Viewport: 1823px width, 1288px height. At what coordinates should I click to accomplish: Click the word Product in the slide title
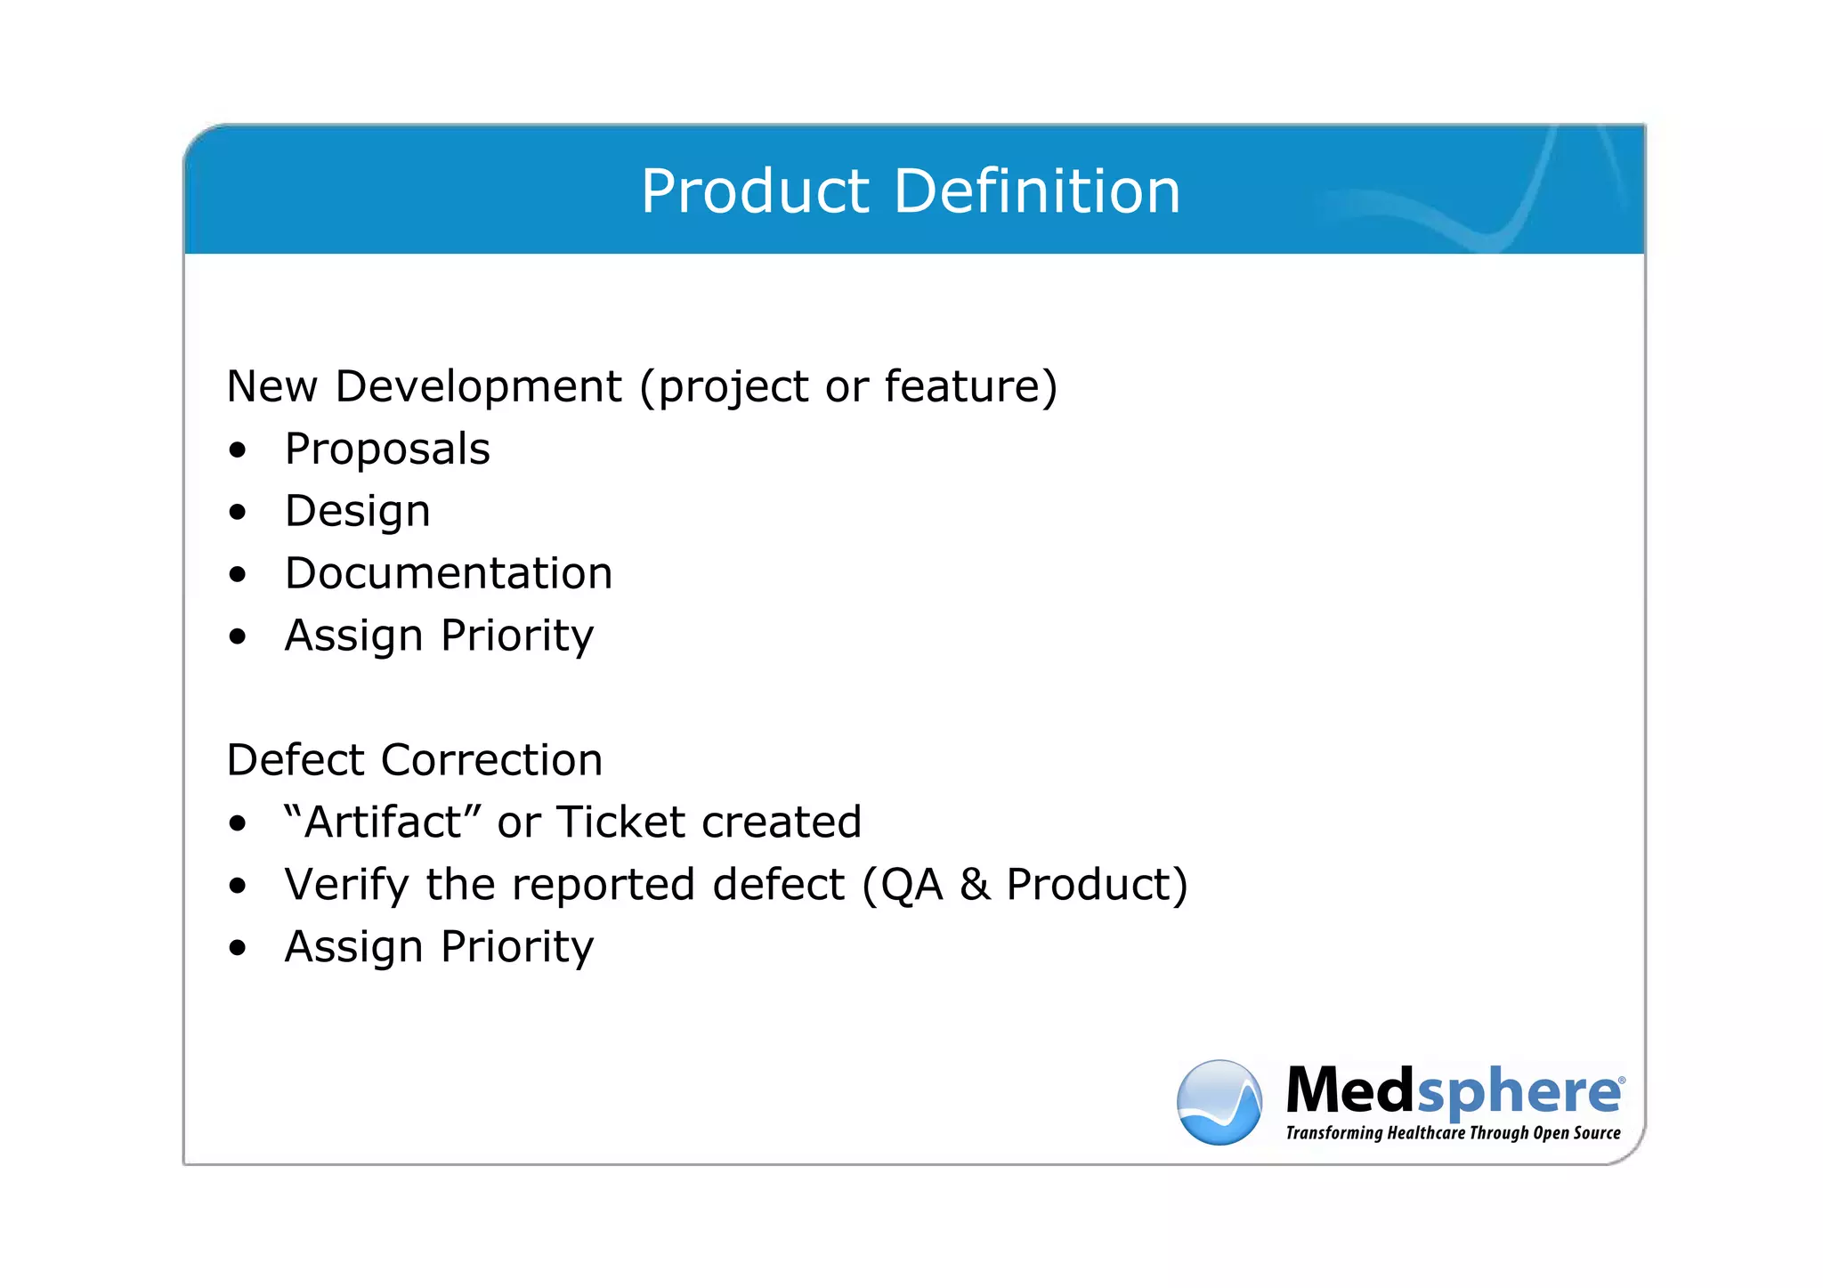point(754,192)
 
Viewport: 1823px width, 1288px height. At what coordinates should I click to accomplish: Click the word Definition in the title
point(1037,192)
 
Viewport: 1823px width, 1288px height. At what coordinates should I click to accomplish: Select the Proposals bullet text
point(387,449)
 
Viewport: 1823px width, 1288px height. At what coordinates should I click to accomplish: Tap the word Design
point(357,512)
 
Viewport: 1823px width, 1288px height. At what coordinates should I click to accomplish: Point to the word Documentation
point(449,573)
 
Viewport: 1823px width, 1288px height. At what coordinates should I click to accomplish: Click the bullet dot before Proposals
point(237,450)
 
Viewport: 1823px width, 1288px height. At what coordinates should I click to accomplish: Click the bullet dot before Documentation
point(237,575)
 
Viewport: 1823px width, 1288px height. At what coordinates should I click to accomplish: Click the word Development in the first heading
point(478,386)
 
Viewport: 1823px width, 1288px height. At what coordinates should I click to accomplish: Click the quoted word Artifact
point(382,822)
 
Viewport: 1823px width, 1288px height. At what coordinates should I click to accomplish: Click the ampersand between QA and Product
point(975,884)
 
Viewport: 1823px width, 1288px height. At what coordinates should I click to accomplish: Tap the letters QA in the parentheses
point(911,884)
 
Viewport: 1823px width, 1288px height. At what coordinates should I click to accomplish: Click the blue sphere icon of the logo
point(1219,1102)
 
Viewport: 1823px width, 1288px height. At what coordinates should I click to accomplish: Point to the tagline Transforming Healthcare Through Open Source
point(1453,1133)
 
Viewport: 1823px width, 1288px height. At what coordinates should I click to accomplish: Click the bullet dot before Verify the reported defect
point(237,886)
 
